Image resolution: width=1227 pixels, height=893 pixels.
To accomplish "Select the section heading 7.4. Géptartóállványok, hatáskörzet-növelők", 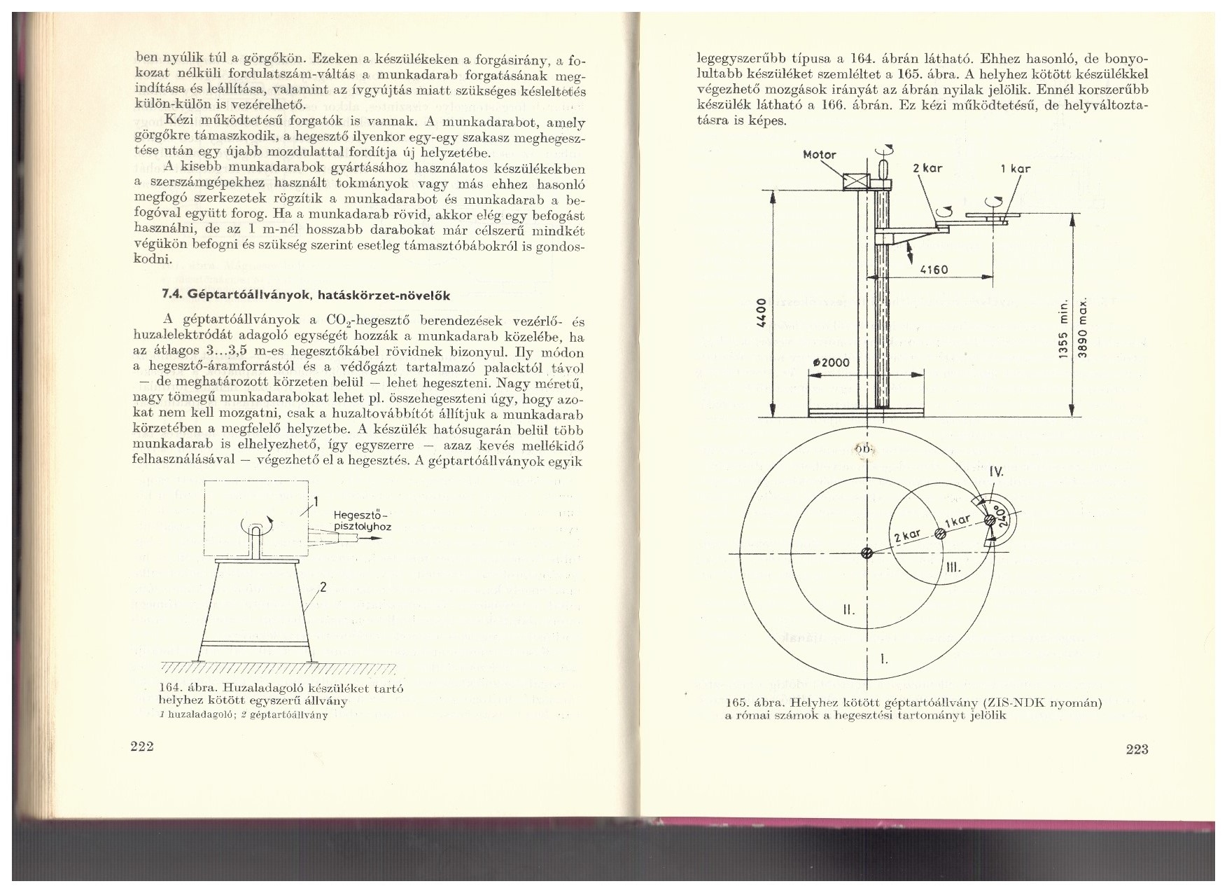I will click(x=304, y=295).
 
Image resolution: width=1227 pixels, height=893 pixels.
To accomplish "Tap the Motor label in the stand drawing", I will click(x=819, y=155).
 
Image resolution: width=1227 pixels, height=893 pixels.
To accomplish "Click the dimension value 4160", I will click(x=934, y=270).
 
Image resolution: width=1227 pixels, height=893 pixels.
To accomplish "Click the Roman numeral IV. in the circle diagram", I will click(x=996, y=473).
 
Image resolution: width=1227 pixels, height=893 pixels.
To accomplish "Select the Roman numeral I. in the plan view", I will click(x=883, y=658).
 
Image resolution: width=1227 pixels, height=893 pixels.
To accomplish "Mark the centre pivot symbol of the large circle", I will click(x=867, y=554).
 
